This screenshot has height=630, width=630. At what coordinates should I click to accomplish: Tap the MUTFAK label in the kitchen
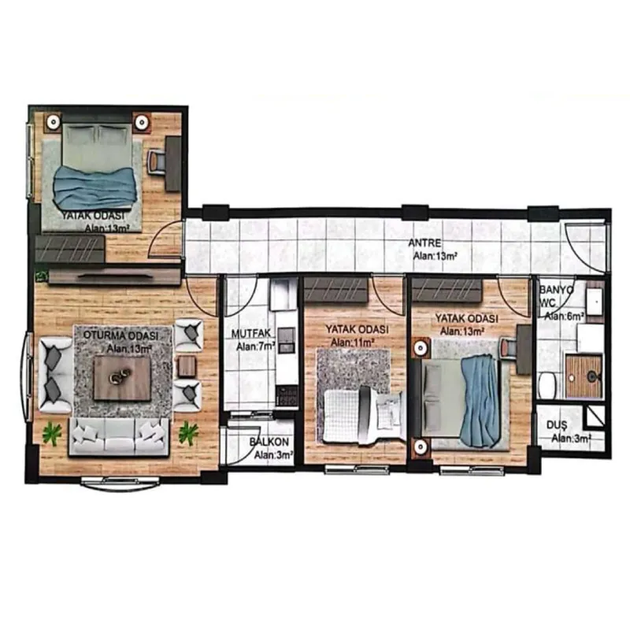pos(250,333)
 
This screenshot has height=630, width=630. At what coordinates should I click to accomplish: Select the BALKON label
pos(269,442)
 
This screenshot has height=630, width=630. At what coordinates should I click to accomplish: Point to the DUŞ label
pos(557,425)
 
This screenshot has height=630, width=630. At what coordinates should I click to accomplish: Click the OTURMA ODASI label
pos(120,335)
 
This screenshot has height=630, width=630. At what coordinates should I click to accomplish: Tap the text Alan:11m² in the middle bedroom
pos(352,343)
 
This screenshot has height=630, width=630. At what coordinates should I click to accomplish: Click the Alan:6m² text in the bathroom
pos(564,317)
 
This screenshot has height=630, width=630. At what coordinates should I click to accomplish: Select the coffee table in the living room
pos(122,379)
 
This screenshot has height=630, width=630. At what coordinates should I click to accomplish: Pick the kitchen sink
pos(287,340)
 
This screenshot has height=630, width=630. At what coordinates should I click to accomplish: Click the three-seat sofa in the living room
pos(119,437)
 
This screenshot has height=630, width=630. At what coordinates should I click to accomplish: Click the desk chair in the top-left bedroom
pos(156,161)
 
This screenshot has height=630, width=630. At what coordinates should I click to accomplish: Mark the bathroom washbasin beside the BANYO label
pos(595,301)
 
